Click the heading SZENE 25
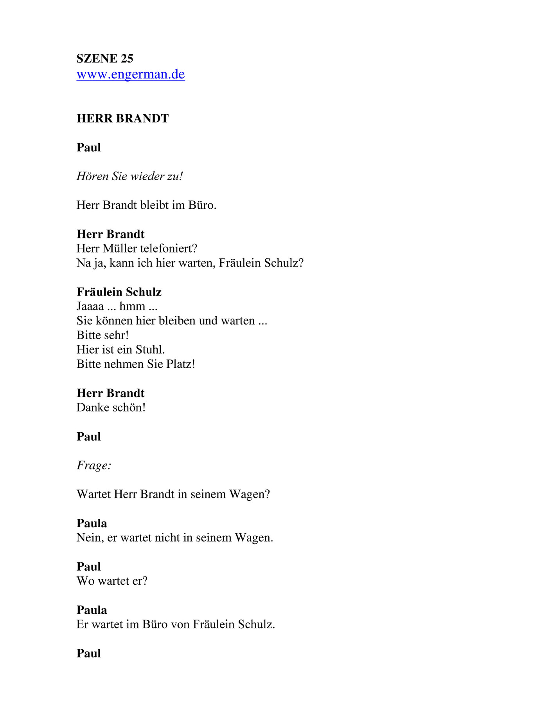click(x=105, y=59)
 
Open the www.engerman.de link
click(x=131, y=74)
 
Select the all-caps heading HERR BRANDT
click(x=122, y=118)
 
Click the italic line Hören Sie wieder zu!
click(x=129, y=176)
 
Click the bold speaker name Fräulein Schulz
click(x=119, y=292)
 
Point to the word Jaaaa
click(x=90, y=306)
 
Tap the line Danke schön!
click(x=111, y=408)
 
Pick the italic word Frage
click(x=93, y=466)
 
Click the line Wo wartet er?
click(x=112, y=581)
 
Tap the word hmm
click(x=132, y=306)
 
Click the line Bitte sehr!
click(x=102, y=335)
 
